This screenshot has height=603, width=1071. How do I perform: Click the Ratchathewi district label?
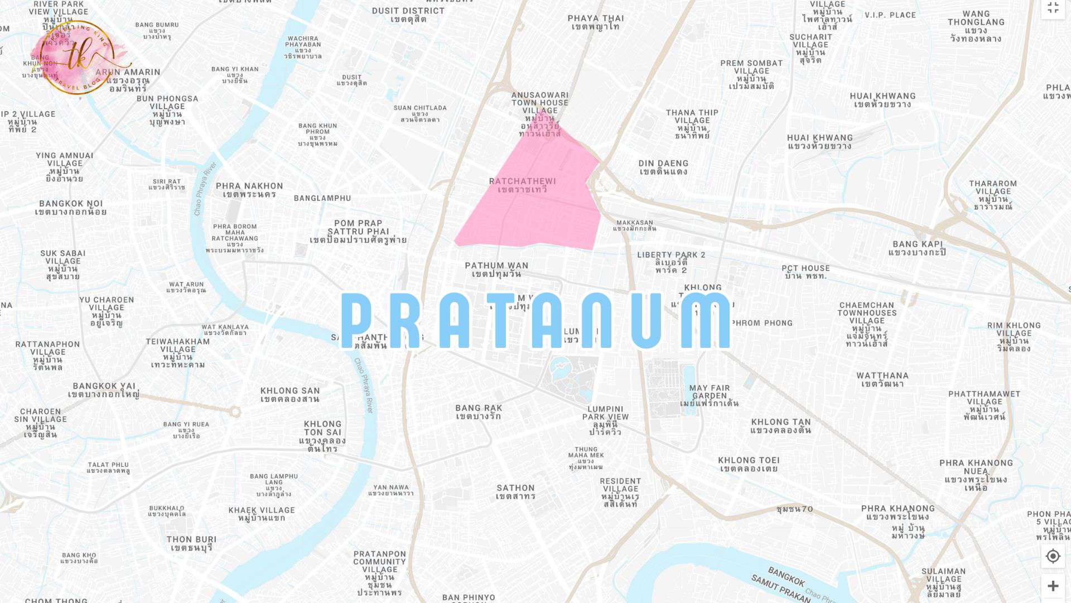coord(523,185)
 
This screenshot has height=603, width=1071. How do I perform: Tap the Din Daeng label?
coord(663,167)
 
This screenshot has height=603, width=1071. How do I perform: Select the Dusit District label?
coord(408,15)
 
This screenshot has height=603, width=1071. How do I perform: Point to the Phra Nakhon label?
coord(249,190)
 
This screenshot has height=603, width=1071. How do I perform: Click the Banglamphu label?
coord(322,198)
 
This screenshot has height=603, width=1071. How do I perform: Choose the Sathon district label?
coord(515,492)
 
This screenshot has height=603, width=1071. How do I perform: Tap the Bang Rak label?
coord(479,412)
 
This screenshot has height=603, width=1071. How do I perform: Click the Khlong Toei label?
coord(749,465)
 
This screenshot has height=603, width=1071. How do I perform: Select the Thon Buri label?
coord(191,543)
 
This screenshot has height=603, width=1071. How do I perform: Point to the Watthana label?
coord(882,380)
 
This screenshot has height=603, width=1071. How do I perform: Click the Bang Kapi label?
coord(917,248)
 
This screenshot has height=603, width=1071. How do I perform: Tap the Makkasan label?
coord(635,226)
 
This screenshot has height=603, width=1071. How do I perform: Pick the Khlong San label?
coord(290,395)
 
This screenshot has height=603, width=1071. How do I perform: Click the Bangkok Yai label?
coord(104,390)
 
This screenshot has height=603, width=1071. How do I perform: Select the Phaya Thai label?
coord(596,22)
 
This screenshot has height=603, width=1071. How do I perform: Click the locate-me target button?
coord(1053,556)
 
